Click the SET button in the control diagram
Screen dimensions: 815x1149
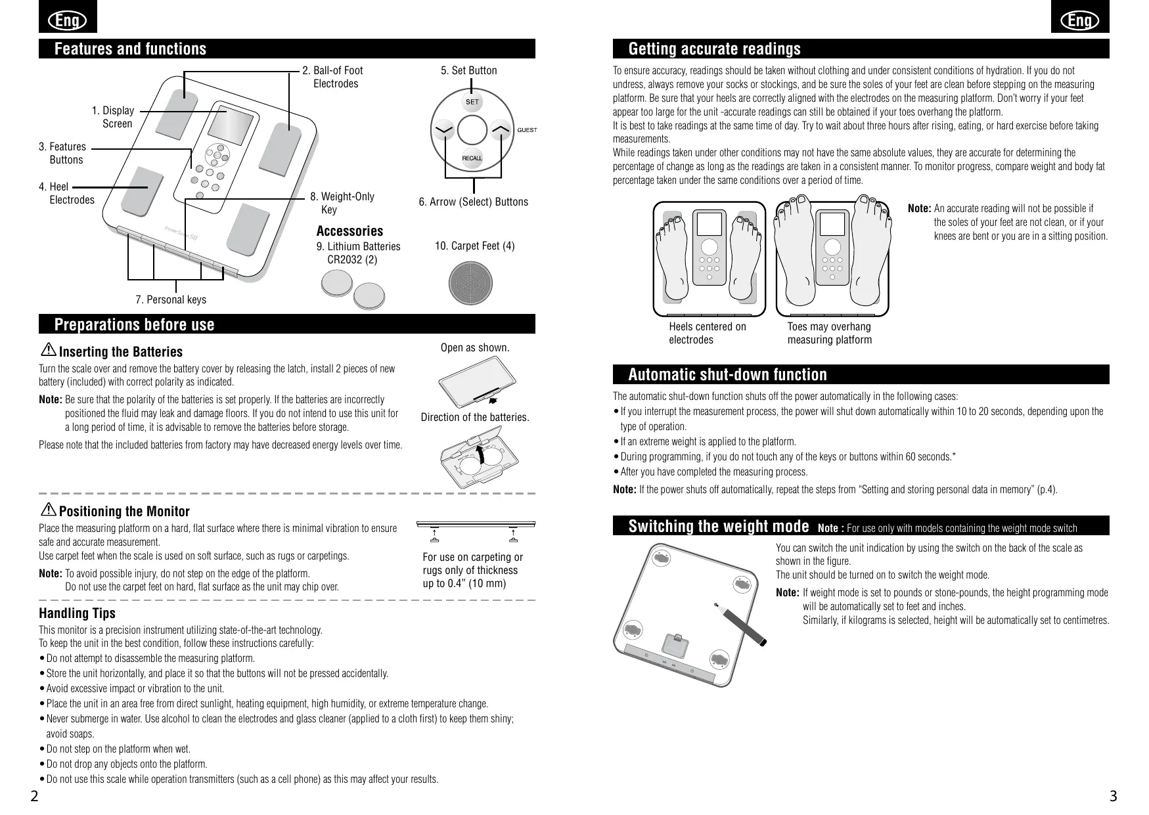point(472,102)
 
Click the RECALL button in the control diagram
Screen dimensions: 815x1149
point(472,158)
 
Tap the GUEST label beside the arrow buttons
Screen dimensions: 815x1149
point(527,130)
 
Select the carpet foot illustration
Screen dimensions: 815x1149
point(470,283)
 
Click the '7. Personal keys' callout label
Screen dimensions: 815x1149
point(171,299)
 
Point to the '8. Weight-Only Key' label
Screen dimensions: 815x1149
point(342,203)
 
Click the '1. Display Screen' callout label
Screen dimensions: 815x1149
point(113,117)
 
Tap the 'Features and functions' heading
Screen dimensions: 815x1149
point(130,49)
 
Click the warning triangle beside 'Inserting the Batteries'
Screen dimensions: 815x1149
point(49,351)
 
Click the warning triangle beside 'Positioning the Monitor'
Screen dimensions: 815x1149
point(49,510)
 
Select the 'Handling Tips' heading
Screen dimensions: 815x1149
point(77,613)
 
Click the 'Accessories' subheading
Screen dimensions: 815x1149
point(349,231)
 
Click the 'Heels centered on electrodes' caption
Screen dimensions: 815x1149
point(707,333)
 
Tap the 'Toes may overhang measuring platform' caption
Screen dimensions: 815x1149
point(829,333)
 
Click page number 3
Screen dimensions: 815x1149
point(1112,797)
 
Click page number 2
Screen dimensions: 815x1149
point(34,797)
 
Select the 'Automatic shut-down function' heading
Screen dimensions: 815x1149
point(727,375)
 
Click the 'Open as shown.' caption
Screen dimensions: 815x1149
point(475,347)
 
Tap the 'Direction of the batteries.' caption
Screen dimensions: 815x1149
point(475,417)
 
